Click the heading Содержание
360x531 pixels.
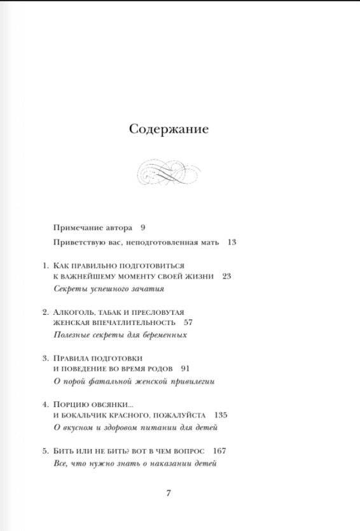click(169, 129)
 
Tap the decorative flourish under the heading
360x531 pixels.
click(169, 172)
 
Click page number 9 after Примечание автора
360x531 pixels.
click(143, 227)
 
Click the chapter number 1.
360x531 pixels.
click(44, 264)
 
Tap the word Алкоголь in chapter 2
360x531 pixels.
click(76, 312)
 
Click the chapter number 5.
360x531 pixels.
click(45, 451)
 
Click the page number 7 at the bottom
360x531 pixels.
click(169, 493)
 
